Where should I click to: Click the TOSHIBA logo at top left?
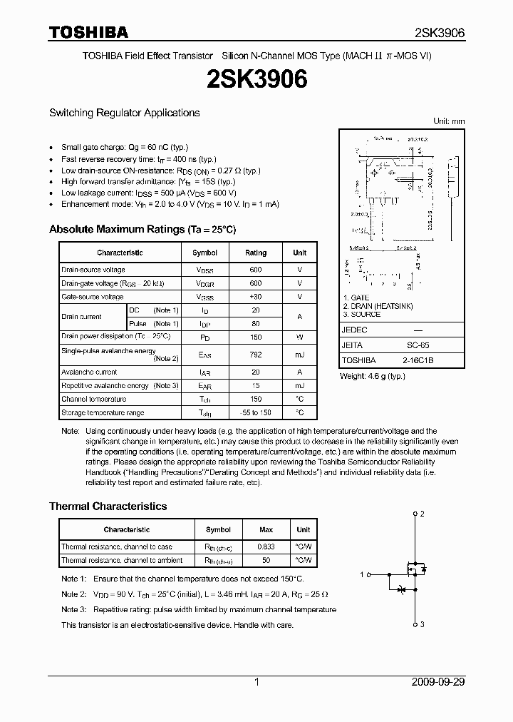coord(88,32)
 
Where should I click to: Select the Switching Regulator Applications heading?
coord(124,113)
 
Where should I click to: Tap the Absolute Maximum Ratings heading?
coord(142,230)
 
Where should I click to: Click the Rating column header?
coord(256,253)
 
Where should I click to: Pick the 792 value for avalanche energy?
coord(256,355)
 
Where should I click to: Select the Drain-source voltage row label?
coord(93,270)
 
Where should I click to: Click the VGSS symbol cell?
coord(205,297)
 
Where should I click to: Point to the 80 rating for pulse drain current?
coord(256,324)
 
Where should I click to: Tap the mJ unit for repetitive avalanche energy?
coord(299,385)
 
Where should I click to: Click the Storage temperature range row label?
coord(103,412)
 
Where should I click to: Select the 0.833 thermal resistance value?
coord(266,546)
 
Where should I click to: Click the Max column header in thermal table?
coord(266,529)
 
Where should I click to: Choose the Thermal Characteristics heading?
coord(108,507)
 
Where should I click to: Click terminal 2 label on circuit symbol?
coord(423,514)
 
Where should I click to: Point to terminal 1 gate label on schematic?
coord(362,574)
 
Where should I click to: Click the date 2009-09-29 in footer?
coord(438,682)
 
